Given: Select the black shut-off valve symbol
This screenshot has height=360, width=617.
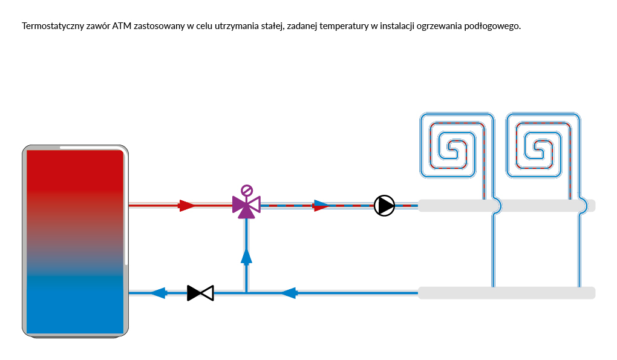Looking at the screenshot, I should point(200,293).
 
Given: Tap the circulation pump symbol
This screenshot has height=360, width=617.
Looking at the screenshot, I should point(384,206).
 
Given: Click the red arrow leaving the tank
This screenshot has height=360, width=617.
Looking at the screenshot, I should point(187,206).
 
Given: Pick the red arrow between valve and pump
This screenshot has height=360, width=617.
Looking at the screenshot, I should point(321,206).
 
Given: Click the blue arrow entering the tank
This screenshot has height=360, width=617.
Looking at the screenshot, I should point(158,293).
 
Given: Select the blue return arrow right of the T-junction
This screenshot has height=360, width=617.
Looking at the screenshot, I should point(289,293).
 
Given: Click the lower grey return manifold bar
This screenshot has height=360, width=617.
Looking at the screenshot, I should point(506,293).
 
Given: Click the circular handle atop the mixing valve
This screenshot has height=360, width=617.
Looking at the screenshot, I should point(246,190).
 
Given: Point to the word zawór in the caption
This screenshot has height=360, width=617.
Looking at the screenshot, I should point(97,27).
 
